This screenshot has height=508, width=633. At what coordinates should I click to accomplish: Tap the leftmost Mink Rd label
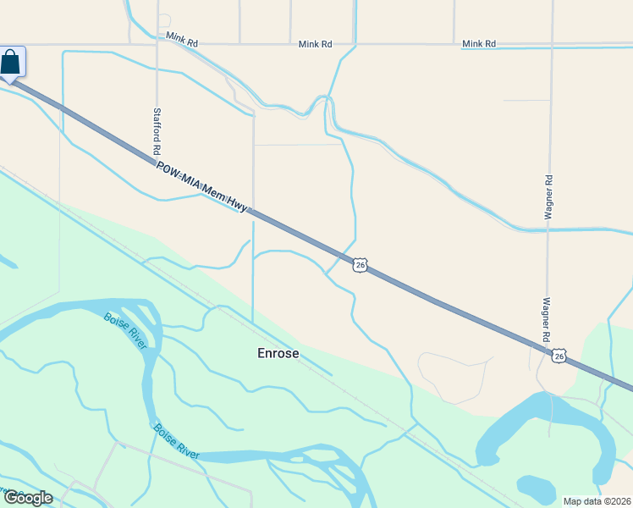pyautogui.click(x=182, y=38)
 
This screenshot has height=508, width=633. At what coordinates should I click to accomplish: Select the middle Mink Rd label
pyautogui.click(x=315, y=43)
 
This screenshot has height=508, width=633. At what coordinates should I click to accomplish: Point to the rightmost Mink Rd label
pyautogui.click(x=478, y=43)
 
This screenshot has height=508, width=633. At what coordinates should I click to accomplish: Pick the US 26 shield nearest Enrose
pyautogui.click(x=361, y=265)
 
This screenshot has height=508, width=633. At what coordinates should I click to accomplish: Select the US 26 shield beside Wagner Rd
pyautogui.click(x=559, y=356)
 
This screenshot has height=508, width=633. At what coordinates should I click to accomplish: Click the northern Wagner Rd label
pyautogui.click(x=548, y=198)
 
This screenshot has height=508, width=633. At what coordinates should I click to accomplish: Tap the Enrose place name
pyautogui.click(x=278, y=353)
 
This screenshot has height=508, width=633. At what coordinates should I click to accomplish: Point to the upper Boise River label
pyautogui.click(x=121, y=331)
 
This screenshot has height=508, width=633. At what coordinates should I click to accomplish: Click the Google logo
pyautogui.click(x=27, y=498)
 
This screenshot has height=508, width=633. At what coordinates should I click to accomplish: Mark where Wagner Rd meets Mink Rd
pyautogui.click(x=552, y=46)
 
